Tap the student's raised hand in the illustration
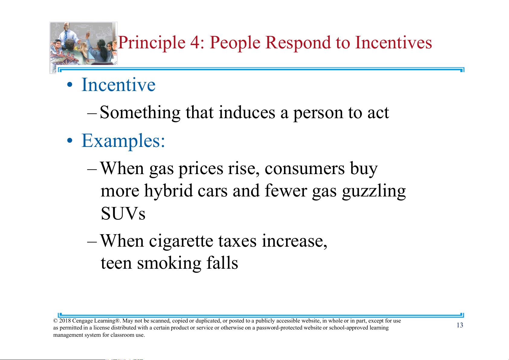[x=88, y=34]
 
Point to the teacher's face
[x=66, y=27]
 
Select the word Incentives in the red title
[x=393, y=42]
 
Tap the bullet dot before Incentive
[x=70, y=85]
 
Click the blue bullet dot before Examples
[x=70, y=141]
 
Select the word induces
[x=247, y=112]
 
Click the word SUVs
[x=123, y=213]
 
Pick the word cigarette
[x=181, y=242]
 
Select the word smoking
[x=169, y=264]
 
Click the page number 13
[x=460, y=325]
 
